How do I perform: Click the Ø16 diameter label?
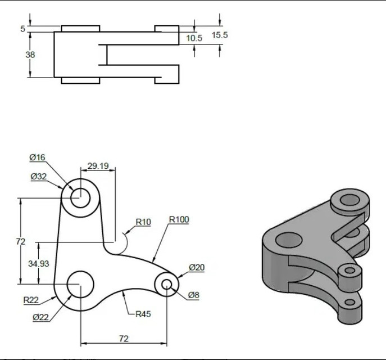37,157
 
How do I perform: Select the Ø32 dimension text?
38,177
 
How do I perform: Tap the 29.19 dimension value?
98,166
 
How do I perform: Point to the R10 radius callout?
143,222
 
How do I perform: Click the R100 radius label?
179,219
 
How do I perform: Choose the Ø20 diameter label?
197,268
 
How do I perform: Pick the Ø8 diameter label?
194,295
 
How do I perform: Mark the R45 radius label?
143,314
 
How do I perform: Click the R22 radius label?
31,300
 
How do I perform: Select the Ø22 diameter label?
41,317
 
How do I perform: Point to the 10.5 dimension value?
194,38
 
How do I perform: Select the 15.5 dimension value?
220,35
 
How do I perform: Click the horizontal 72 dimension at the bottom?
124,339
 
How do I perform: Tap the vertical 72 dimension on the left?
20,241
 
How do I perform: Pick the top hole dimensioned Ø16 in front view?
80,197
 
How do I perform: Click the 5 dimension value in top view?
23,29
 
